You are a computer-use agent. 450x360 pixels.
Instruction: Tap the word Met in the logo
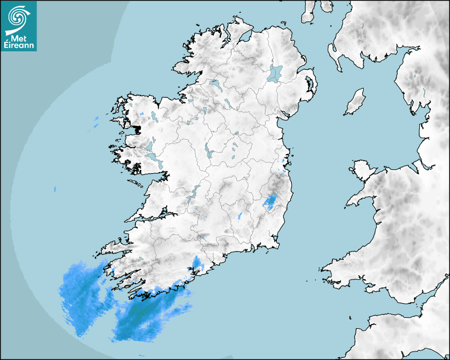pos(19,39)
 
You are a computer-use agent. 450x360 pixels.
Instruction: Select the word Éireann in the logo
pos(19,46)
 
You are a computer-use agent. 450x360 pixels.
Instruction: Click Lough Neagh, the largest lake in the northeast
pos(275,73)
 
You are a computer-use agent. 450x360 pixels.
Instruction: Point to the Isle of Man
pos(355,102)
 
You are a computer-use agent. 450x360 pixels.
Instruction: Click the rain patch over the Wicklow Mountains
pos(271,201)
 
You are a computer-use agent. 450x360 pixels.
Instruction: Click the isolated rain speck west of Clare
pos(55,189)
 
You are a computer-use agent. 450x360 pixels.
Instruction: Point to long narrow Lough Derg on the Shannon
pos(193,192)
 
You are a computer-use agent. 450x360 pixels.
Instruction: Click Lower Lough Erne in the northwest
pos(215,84)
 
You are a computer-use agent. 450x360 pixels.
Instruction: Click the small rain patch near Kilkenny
pos(241,215)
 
